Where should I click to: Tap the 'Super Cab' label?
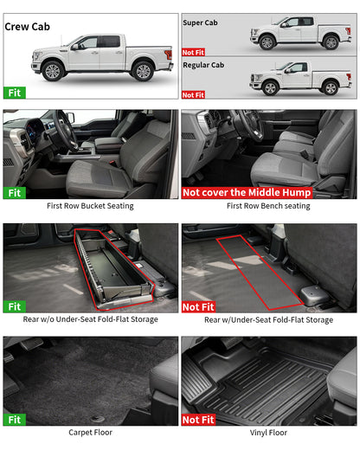click(x=199, y=22)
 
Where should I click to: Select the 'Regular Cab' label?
click(x=203, y=65)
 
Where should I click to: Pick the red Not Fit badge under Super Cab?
click(x=194, y=52)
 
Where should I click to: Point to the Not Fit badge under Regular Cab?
click(x=194, y=94)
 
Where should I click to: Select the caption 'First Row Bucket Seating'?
click(x=90, y=207)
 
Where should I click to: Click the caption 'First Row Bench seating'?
click(x=268, y=207)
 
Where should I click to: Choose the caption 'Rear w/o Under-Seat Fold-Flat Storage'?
click(x=90, y=320)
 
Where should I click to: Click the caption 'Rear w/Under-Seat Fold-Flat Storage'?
click(x=268, y=320)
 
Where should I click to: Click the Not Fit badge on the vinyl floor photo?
click(x=198, y=420)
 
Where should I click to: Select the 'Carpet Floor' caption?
click(x=90, y=433)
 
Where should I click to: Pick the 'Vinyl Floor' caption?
click(x=268, y=433)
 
